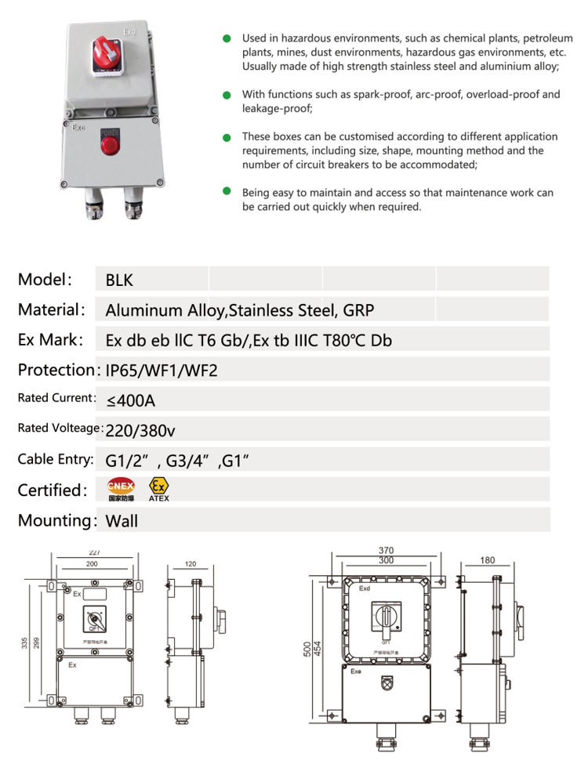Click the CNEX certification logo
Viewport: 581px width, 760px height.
[x=121, y=490]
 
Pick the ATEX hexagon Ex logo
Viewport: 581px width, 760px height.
[x=158, y=486]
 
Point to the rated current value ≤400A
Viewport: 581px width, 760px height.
[x=131, y=401]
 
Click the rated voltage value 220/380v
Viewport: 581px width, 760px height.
[x=139, y=429]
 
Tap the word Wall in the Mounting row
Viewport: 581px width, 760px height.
[x=122, y=520]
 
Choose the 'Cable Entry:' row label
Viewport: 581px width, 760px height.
[x=53, y=459]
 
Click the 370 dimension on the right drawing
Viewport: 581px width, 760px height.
[x=386, y=550]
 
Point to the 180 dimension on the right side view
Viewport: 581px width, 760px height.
[x=487, y=560]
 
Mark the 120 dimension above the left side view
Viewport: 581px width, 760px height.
[x=190, y=563]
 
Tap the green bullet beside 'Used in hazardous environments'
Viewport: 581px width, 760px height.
[x=227, y=38]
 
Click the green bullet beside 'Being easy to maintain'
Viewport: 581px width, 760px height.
[x=227, y=191]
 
